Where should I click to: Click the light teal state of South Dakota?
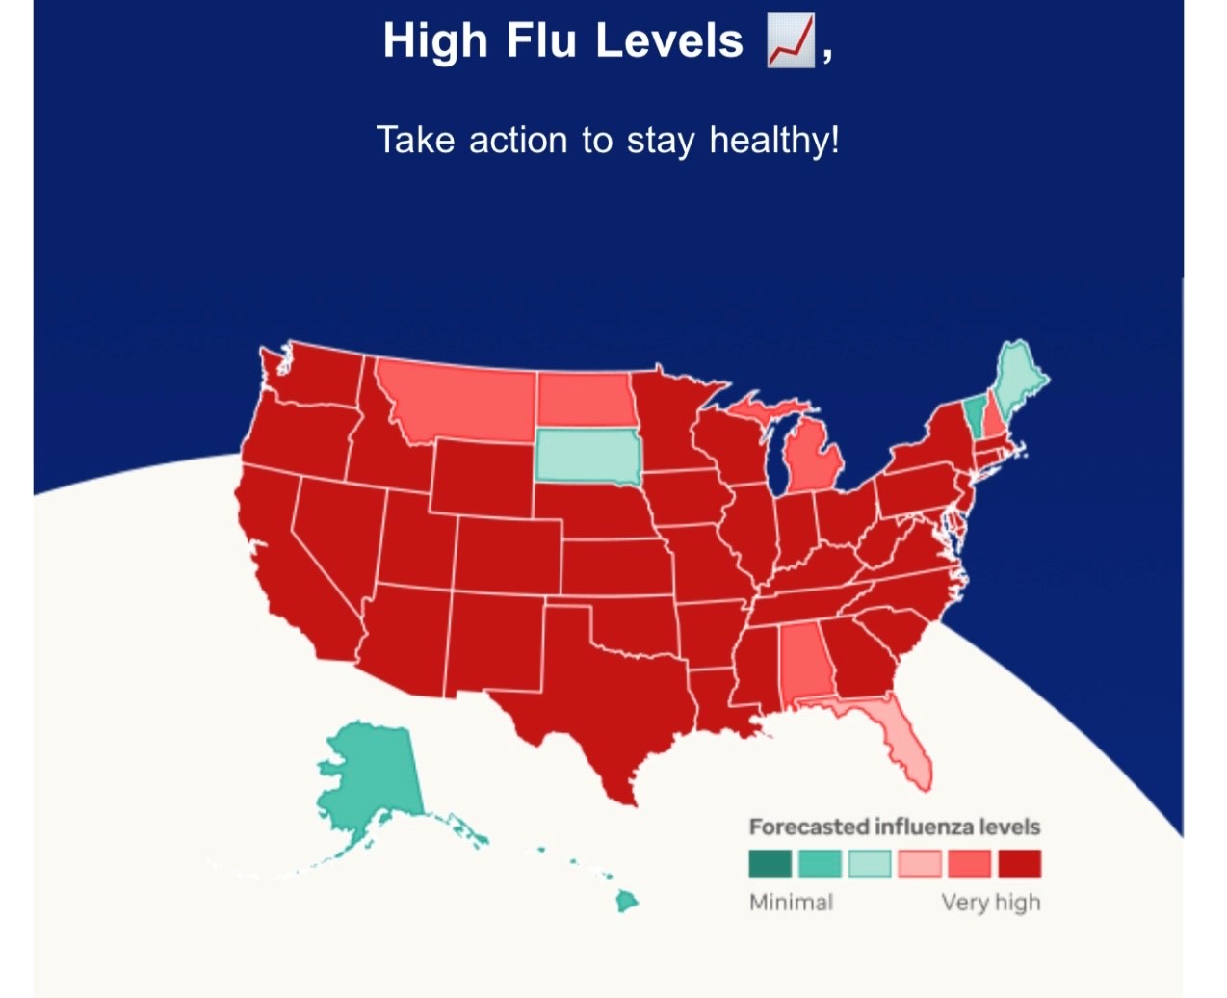[587, 456]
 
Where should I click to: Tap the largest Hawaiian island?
[627, 902]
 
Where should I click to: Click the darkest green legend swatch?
[770, 863]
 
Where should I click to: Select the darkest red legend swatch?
[1019, 863]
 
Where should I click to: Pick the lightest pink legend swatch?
[919, 863]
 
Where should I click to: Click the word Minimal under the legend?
[791, 903]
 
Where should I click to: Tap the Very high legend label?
[990, 903]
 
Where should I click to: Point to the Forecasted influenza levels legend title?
[894, 827]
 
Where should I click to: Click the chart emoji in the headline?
[791, 41]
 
